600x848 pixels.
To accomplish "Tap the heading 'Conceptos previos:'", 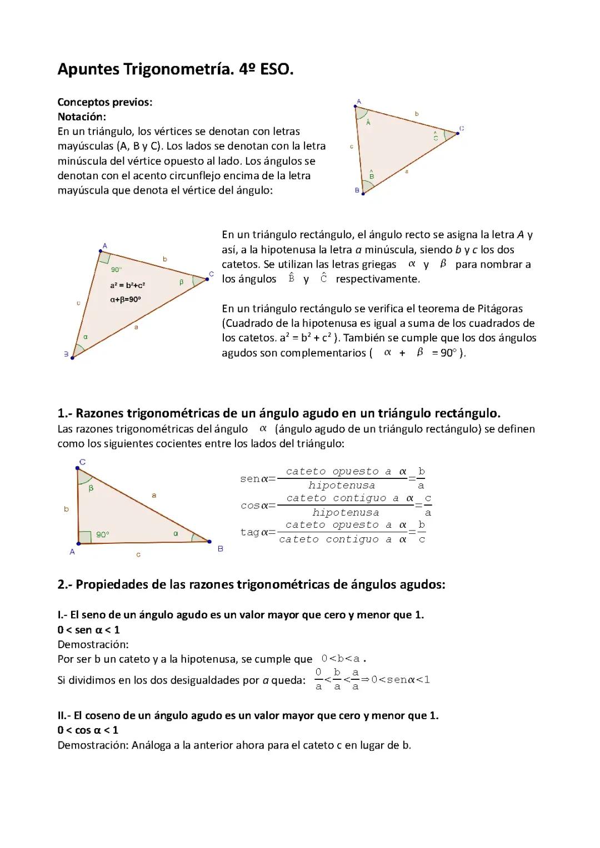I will pyautogui.click(x=105, y=102).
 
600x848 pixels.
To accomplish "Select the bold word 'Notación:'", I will pyautogui.click(x=82, y=117).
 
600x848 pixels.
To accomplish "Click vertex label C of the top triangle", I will pyautogui.click(x=462, y=129).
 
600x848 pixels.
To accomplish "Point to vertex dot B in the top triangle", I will pyautogui.click(x=363, y=193).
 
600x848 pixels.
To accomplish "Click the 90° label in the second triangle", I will pyautogui.click(x=116, y=270).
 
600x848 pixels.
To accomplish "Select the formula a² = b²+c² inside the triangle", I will pyautogui.click(x=127, y=285).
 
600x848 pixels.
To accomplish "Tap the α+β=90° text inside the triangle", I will pyautogui.click(x=126, y=299).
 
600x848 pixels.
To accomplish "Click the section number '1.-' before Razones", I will pyautogui.click(x=65, y=413).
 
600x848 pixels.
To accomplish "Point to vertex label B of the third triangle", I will pyautogui.click(x=221, y=549).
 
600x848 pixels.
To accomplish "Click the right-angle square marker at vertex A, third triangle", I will pyautogui.click(x=84, y=537).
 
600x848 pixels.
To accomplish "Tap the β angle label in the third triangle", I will pyautogui.click(x=91, y=488).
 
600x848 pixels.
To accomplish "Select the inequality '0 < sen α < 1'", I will pyautogui.click(x=89, y=630).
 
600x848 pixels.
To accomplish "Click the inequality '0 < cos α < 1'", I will pyautogui.click(x=88, y=730).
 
